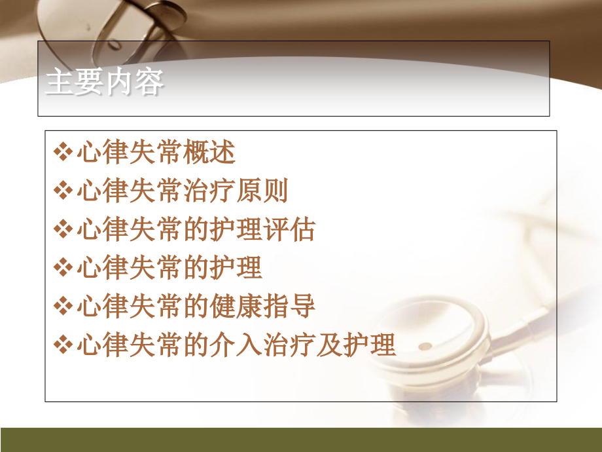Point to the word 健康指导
click(263, 306)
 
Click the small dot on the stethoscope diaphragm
click(425, 345)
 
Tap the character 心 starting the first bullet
click(88, 154)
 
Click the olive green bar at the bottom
click(301, 440)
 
